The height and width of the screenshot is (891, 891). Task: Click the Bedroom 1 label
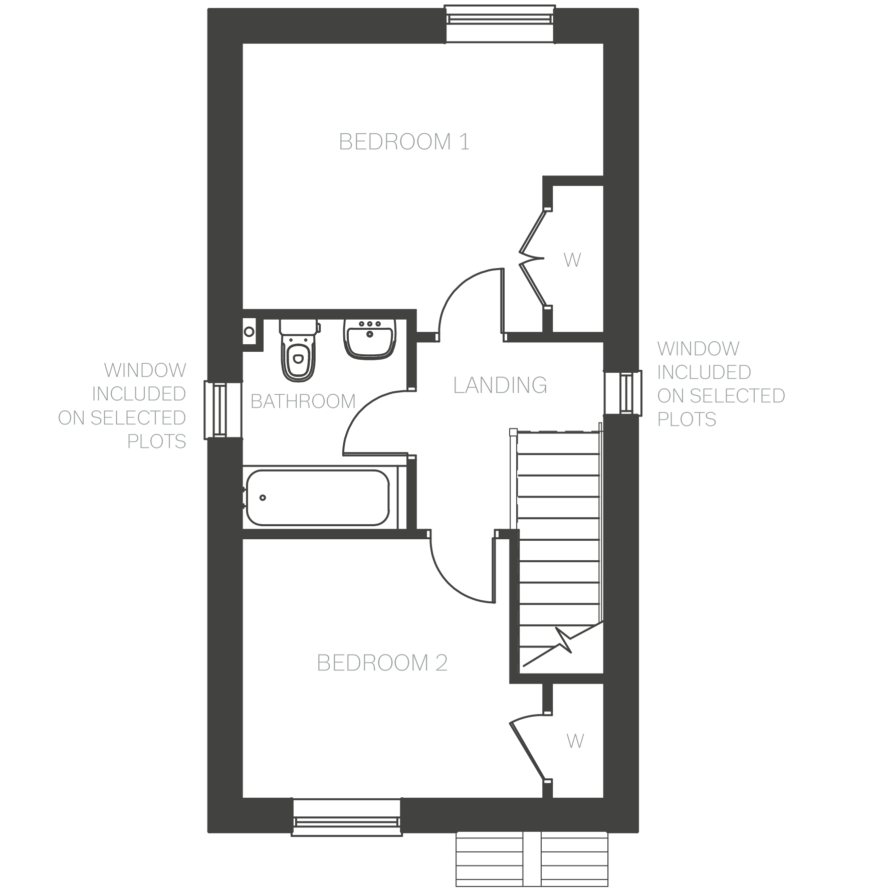coord(404,142)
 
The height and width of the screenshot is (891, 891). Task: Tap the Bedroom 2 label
coord(382,663)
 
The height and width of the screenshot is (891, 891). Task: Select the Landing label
coord(500,385)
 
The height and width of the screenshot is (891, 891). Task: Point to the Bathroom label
coord(303,401)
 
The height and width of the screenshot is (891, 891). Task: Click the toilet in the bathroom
coord(299,351)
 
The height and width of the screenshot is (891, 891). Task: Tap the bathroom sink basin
coord(370,340)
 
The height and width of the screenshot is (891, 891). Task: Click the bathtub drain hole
coord(263,498)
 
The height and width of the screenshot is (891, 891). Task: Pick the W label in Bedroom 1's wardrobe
coord(572,260)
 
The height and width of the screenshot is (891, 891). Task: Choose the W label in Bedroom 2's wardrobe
coord(575,741)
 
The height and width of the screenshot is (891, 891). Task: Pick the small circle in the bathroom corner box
coord(249,331)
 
